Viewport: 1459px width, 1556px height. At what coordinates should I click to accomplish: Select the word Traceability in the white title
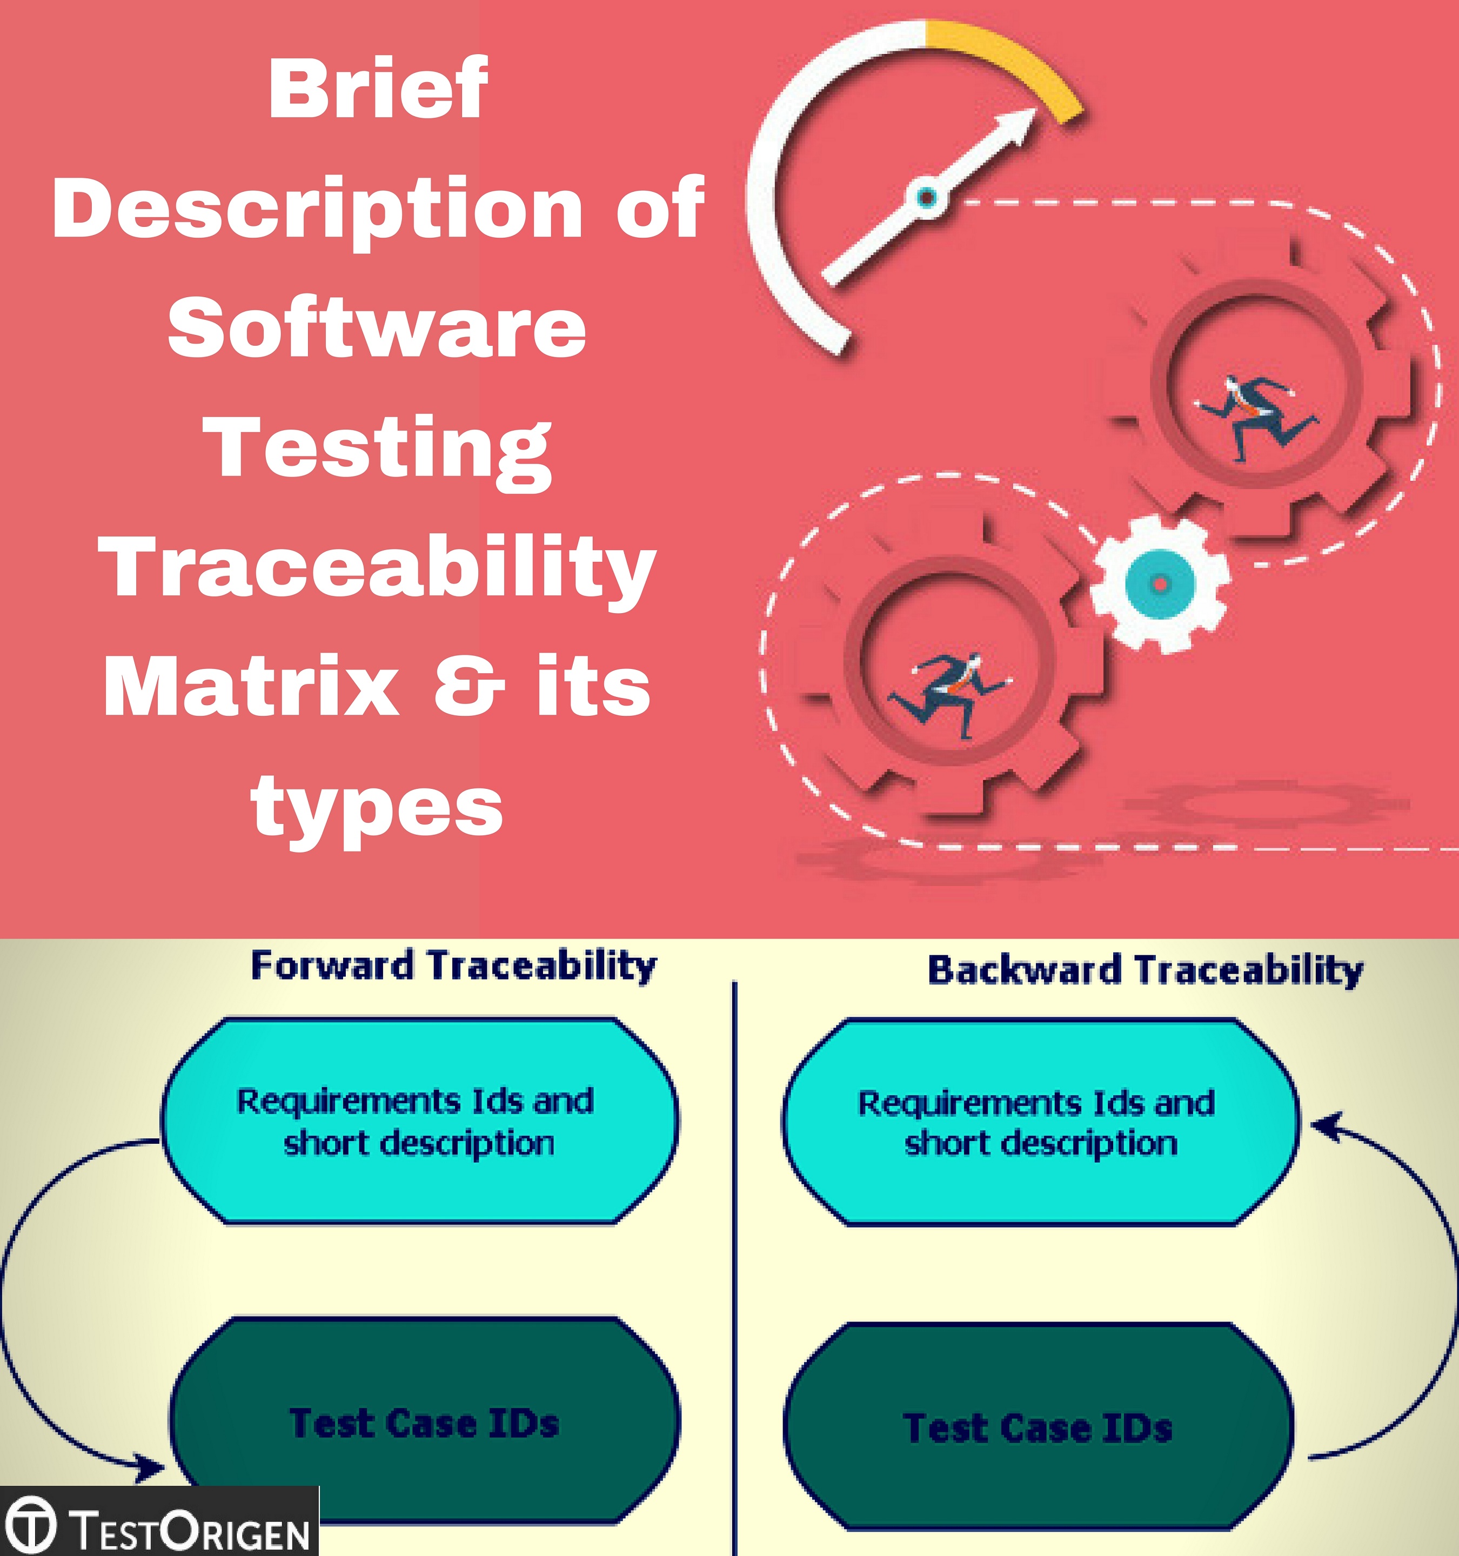tap(377, 568)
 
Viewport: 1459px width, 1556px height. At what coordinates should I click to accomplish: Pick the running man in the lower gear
tap(949, 689)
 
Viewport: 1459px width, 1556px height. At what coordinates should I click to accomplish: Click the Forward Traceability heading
tap(453, 965)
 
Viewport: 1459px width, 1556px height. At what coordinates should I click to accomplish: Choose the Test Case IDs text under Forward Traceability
tap(424, 1422)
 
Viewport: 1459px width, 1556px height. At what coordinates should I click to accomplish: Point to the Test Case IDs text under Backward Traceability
tap(1037, 1427)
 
